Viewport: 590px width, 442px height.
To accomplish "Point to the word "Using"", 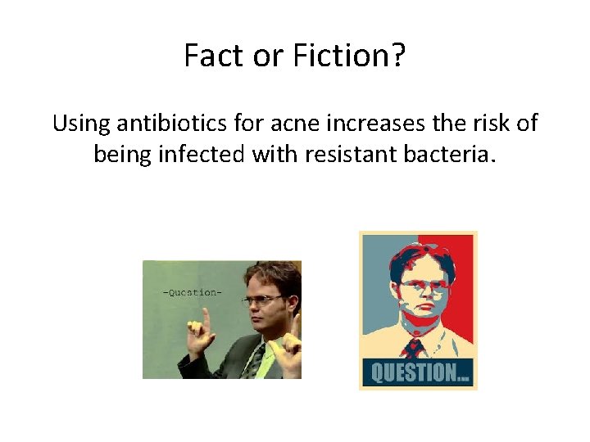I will pos(80,124).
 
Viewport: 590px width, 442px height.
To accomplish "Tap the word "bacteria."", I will pos(452,153).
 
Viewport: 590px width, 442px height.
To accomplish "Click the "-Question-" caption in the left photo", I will pos(192,292).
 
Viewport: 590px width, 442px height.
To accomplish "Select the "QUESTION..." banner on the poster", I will pos(418,372).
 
